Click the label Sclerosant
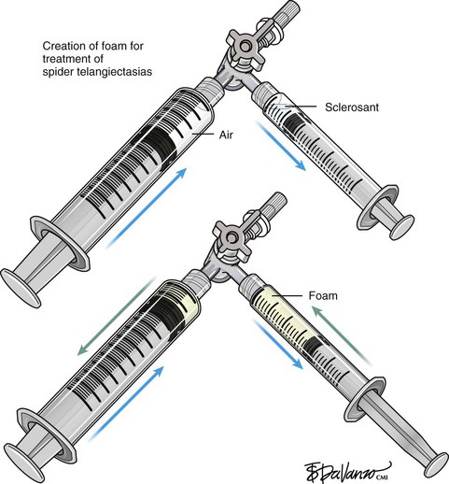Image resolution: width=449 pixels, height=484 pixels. click(x=352, y=107)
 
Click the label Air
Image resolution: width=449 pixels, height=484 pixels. click(x=226, y=135)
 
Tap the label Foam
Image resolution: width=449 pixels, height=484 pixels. click(x=323, y=295)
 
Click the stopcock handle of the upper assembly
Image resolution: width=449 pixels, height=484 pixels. click(x=246, y=47)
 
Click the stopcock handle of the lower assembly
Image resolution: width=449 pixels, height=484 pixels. click(x=231, y=238)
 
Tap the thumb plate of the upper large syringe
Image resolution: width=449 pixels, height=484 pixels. click(x=21, y=288)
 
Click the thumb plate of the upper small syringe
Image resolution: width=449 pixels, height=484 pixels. click(x=402, y=227)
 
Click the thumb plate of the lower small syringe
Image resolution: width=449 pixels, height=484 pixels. click(x=436, y=465)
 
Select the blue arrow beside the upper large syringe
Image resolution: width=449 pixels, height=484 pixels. click(x=147, y=208)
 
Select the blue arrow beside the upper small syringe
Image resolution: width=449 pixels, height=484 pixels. click(x=281, y=146)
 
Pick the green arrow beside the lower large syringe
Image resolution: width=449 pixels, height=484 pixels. click(x=117, y=316)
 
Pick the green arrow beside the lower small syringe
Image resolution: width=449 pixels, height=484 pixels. click(x=342, y=335)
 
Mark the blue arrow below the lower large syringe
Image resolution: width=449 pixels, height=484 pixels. click(x=126, y=404)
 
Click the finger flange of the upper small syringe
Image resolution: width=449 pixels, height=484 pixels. click(x=377, y=207)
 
